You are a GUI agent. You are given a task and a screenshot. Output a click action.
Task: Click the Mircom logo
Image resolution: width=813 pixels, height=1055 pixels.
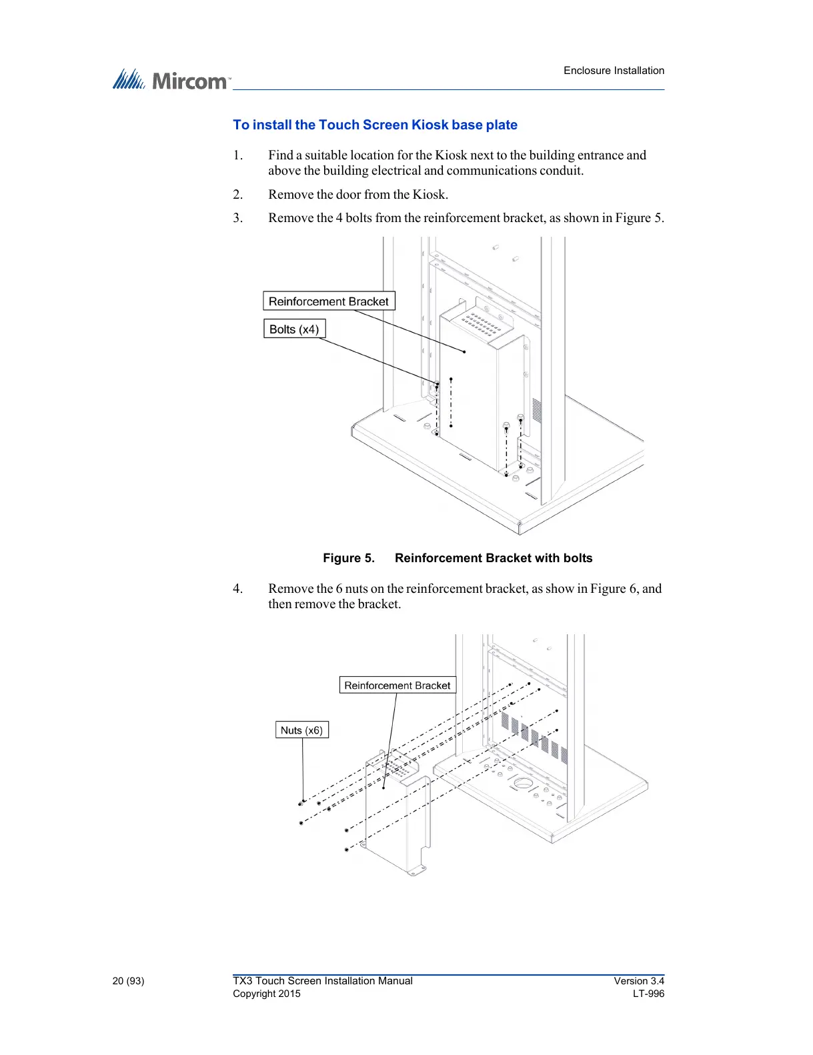click(171, 81)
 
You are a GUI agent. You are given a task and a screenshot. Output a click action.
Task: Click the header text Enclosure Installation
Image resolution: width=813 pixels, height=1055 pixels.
click(614, 71)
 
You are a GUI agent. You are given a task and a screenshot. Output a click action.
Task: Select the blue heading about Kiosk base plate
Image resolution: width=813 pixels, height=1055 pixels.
click(375, 125)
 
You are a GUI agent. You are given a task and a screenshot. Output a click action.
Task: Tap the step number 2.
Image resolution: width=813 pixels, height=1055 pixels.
click(237, 195)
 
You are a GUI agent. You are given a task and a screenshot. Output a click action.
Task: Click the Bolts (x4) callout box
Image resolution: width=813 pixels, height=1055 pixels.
click(294, 329)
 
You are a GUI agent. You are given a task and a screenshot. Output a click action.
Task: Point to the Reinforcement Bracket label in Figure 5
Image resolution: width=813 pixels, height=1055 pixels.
click(329, 301)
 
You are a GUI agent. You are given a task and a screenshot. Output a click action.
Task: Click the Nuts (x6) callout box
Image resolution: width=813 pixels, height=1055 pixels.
click(301, 730)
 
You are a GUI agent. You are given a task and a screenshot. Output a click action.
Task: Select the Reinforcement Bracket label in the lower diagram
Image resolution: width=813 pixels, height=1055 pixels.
click(397, 686)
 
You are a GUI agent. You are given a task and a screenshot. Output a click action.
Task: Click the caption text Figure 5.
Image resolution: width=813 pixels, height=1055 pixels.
click(349, 558)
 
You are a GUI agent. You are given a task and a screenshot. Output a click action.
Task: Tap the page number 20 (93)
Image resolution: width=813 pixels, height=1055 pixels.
click(128, 981)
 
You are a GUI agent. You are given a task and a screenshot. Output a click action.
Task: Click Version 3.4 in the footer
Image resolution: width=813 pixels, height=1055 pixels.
click(639, 981)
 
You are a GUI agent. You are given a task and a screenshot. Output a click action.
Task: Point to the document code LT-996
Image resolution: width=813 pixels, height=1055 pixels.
click(648, 994)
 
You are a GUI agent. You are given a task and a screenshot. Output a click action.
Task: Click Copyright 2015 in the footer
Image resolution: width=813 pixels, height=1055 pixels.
click(267, 994)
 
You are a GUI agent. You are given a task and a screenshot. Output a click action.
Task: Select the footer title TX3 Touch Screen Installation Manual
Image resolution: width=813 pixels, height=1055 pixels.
click(323, 981)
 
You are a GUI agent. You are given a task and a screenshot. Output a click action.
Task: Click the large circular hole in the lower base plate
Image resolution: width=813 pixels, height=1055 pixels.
click(523, 782)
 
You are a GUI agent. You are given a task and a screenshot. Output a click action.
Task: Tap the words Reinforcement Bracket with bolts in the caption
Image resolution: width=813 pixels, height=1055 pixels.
click(494, 558)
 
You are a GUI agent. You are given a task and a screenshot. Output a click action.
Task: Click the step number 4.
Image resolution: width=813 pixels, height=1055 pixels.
click(237, 589)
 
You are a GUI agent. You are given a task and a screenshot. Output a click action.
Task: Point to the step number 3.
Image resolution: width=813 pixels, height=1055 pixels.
click(237, 218)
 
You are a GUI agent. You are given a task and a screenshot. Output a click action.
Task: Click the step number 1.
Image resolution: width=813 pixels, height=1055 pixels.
click(237, 155)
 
